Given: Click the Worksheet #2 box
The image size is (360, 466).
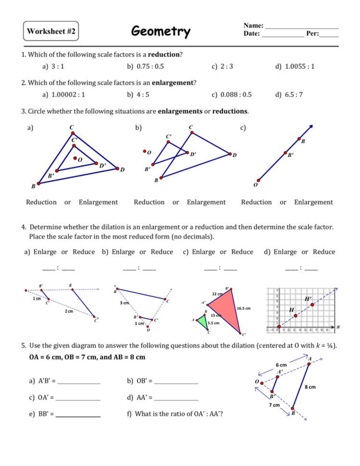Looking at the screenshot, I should tap(51, 32).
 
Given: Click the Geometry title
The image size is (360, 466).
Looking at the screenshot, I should tap(161, 32).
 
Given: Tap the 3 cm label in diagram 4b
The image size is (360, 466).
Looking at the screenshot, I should tap(125, 303).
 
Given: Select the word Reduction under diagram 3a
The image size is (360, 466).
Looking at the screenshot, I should tap(41, 202).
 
